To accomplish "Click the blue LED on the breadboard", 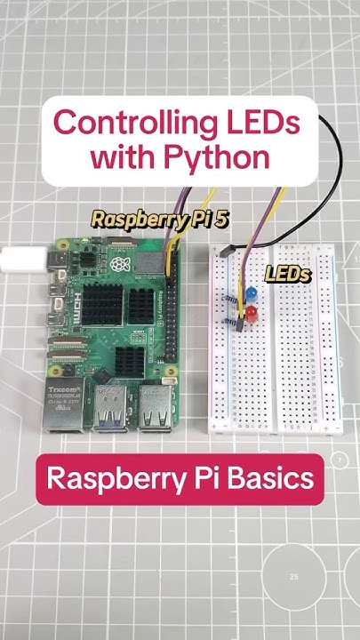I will [251, 292].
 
